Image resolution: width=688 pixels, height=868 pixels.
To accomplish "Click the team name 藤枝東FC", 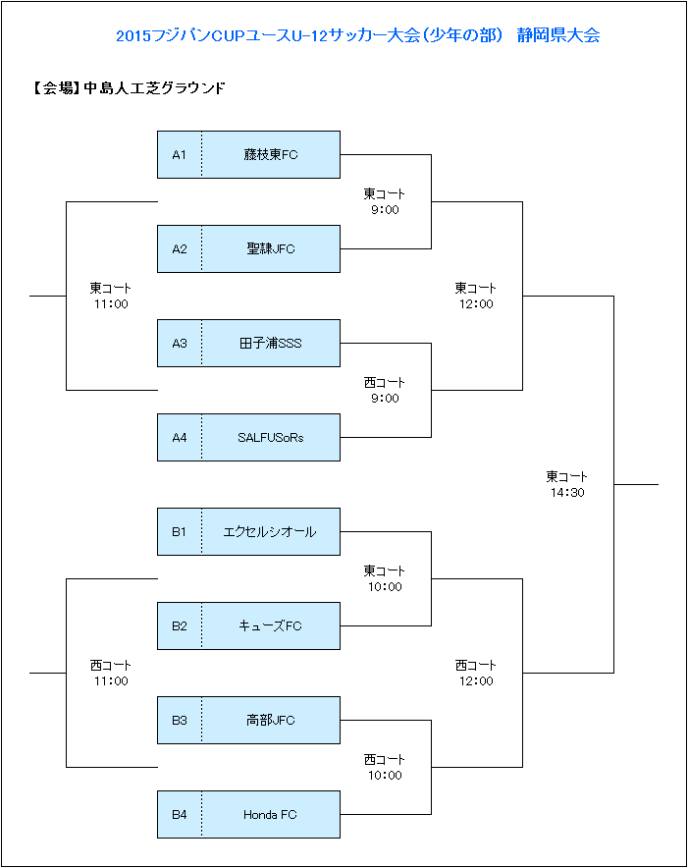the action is (x=271, y=154).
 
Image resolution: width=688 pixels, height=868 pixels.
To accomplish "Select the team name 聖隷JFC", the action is (x=271, y=248).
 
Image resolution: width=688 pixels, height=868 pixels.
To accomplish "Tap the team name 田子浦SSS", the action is (x=271, y=344).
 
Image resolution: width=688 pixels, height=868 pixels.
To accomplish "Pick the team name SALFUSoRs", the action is (x=271, y=437).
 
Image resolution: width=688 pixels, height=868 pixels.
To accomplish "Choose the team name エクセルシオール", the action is (x=270, y=532).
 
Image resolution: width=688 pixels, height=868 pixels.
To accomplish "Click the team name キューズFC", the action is (x=270, y=626).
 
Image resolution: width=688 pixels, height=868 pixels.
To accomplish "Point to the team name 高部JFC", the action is (x=271, y=720).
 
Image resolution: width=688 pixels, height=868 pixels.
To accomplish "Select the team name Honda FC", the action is (x=270, y=815).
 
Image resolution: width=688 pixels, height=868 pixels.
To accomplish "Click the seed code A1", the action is (x=180, y=155).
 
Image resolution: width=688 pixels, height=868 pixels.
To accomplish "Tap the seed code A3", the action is (x=180, y=344).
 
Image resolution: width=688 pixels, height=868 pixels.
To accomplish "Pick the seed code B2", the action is (x=180, y=626).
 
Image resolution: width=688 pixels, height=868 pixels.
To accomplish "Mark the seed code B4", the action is (x=180, y=815).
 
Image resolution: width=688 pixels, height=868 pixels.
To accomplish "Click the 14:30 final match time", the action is (x=567, y=493).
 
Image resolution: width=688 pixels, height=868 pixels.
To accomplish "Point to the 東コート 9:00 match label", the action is (x=385, y=201).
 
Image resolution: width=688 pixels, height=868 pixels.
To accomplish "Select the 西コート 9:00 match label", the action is (x=385, y=390).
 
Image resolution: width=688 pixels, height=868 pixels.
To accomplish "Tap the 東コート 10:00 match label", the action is (x=385, y=578).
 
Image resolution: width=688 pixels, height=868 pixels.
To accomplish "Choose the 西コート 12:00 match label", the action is (x=476, y=674).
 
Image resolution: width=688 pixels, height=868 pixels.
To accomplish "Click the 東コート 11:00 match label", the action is (x=111, y=297).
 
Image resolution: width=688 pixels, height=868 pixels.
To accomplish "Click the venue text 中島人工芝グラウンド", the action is (x=154, y=88).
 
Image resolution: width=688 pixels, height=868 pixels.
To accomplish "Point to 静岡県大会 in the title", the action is (x=558, y=35).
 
